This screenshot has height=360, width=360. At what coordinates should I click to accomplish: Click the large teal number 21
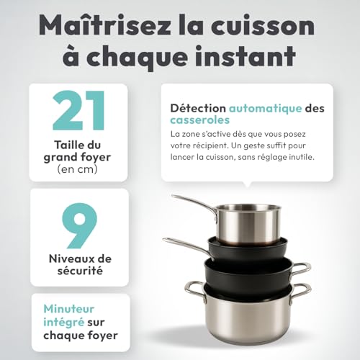(78, 112)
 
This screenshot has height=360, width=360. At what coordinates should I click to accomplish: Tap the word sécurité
(78, 271)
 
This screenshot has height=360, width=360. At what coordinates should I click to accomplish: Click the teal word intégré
(55, 321)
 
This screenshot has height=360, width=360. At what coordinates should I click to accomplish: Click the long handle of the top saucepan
(193, 202)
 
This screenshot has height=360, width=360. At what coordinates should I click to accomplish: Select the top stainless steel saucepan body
(248, 219)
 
